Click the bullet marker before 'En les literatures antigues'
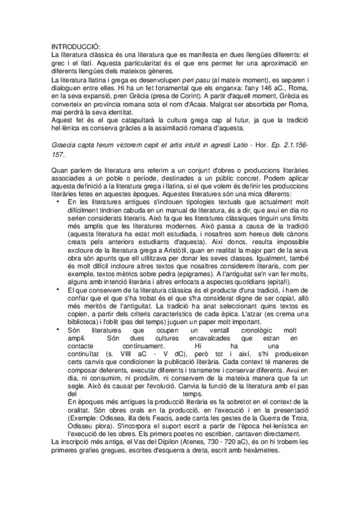(57, 200)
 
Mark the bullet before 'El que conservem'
(57, 289)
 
